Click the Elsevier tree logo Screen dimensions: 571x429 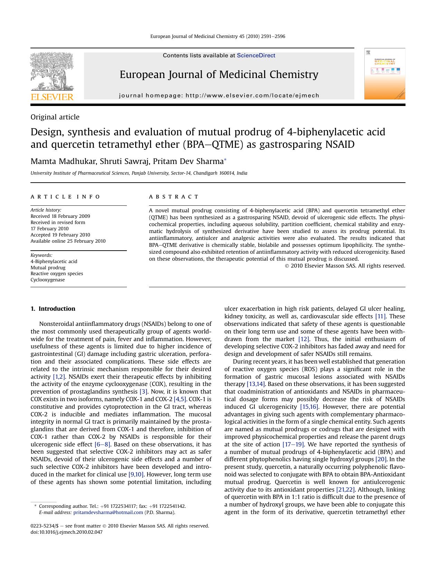(x=52, y=76)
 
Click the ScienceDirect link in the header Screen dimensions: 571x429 (x=256, y=56)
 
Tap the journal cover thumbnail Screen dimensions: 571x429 (x=384, y=74)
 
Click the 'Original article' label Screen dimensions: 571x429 (x=55, y=117)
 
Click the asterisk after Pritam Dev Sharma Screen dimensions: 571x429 (x=225, y=160)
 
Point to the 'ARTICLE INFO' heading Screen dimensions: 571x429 (x=65, y=197)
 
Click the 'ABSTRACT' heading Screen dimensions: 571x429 (x=174, y=197)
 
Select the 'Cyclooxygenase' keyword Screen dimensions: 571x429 (x=48, y=280)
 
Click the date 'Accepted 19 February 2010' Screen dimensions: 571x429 (x=60, y=235)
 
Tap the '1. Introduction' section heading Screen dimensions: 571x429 (x=53, y=309)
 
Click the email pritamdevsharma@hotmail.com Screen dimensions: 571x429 (x=108, y=512)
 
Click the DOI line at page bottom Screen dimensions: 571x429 (x=66, y=532)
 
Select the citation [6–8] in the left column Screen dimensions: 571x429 (x=102, y=444)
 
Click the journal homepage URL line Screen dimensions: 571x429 (x=219, y=96)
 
